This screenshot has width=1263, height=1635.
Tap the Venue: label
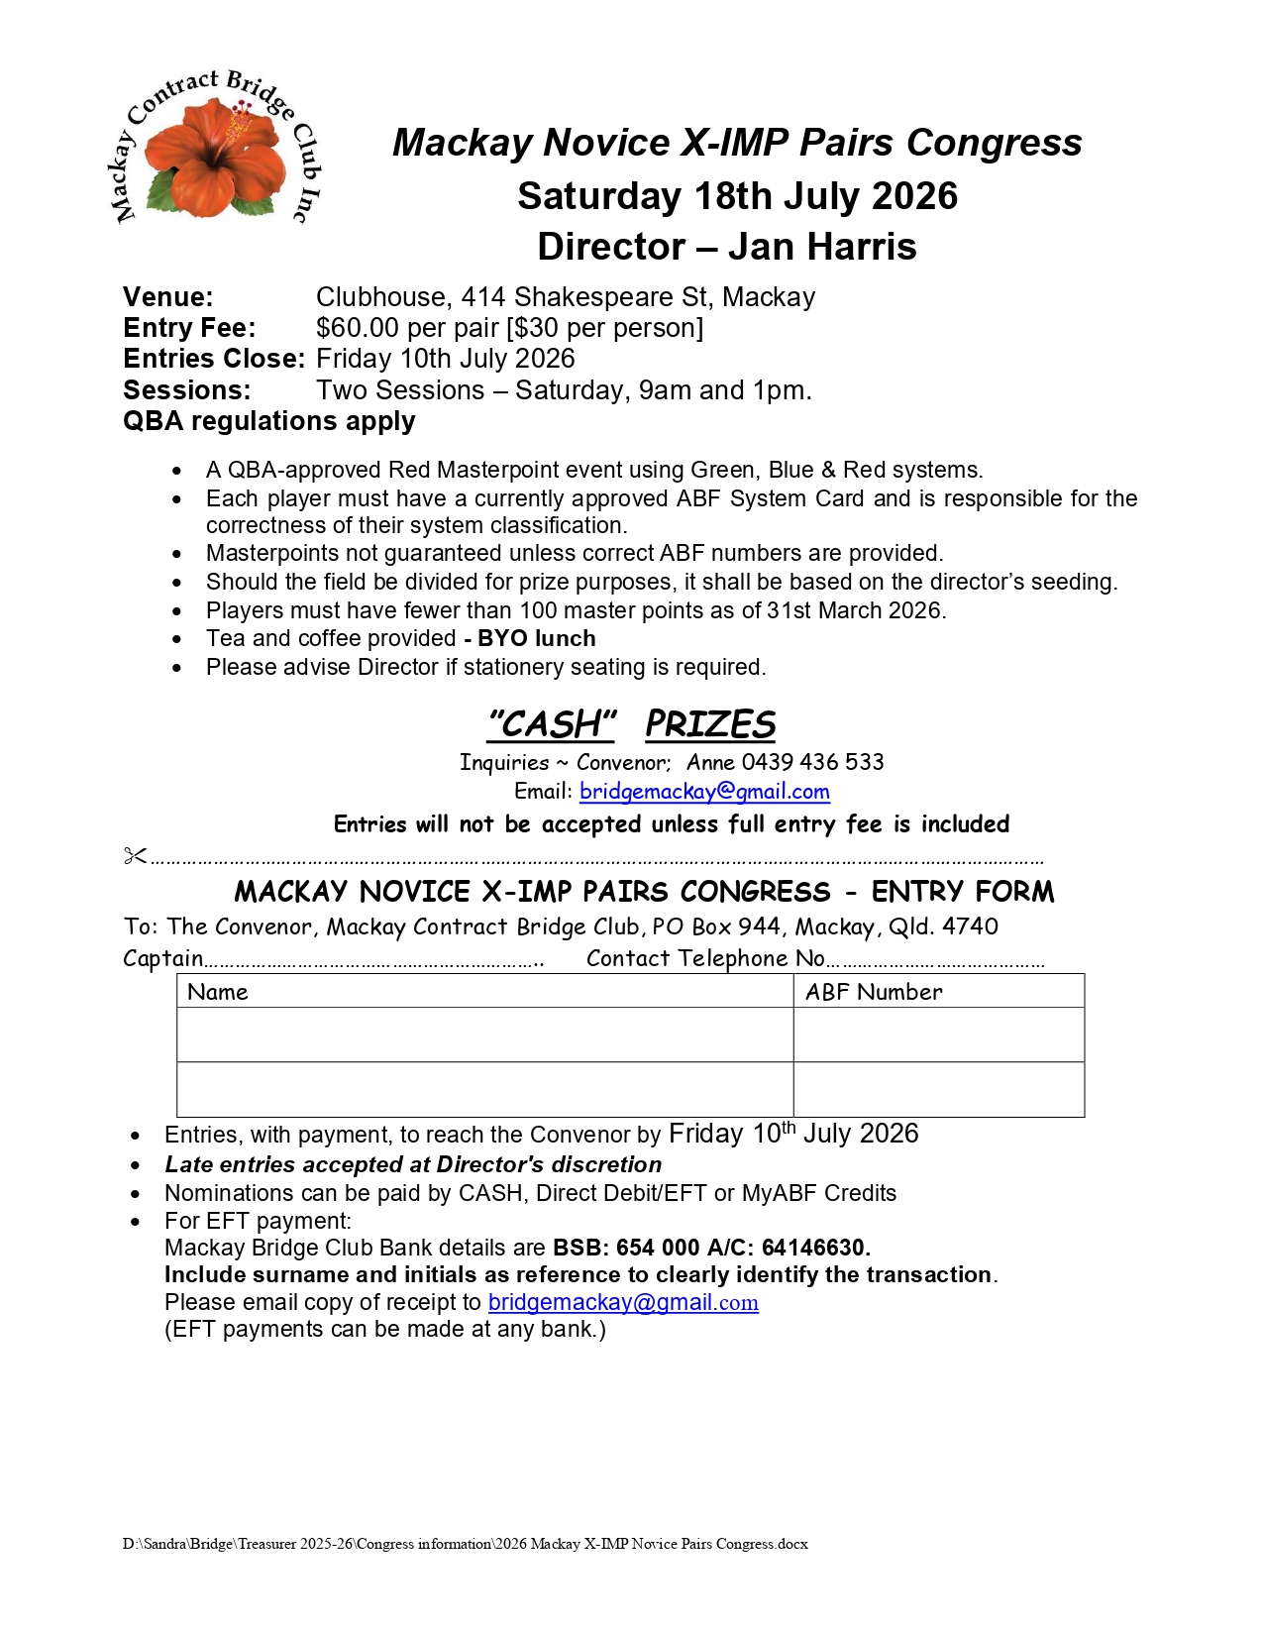(167, 297)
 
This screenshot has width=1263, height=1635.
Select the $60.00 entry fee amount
(358, 328)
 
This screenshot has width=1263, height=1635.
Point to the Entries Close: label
(213, 359)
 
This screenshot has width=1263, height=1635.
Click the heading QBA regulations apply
(268, 421)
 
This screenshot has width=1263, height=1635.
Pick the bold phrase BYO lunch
(536, 638)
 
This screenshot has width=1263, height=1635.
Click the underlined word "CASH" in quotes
(552, 724)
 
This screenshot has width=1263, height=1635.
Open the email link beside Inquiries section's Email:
(704, 791)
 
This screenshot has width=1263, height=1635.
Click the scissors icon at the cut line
(135, 855)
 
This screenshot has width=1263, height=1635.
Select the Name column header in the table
(218, 992)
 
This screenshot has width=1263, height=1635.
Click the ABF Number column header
(874, 992)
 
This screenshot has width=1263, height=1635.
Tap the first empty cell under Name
(484, 1035)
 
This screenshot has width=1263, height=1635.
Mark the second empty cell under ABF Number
(938, 1090)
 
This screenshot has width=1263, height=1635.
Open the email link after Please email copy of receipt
(623, 1302)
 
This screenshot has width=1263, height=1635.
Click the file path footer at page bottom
(465, 1544)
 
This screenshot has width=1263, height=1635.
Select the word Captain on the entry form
(162, 958)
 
